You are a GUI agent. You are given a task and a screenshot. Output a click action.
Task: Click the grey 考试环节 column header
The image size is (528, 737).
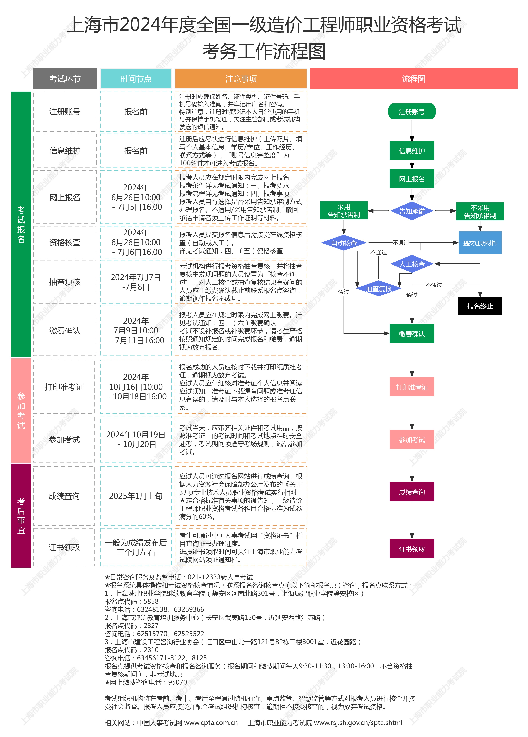click(65, 79)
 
